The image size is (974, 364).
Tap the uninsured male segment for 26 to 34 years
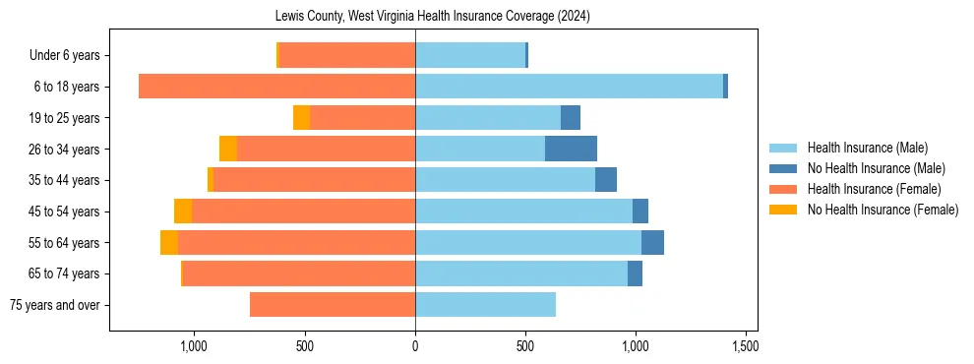[571, 149]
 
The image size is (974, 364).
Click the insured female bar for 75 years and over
[333, 305]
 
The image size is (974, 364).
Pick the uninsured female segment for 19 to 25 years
[301, 118]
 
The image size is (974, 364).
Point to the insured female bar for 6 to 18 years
[276, 87]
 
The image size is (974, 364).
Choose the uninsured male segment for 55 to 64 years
[652, 243]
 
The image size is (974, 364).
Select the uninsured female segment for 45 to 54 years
[183, 212]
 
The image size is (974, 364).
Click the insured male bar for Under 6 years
[470, 55]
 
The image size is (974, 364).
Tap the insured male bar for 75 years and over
[485, 305]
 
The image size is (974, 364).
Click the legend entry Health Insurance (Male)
[867, 148]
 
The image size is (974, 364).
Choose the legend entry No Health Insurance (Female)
[882, 210]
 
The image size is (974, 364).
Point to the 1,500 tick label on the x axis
[745, 346]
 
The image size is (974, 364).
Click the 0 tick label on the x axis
[415, 346]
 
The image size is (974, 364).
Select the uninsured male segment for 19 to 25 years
[571, 118]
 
